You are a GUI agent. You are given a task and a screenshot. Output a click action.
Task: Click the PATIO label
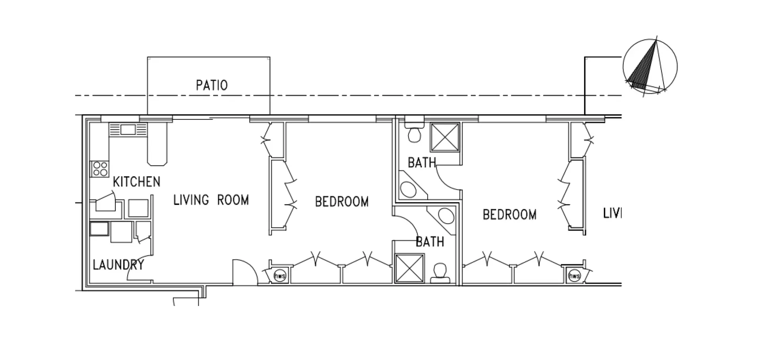(212, 85)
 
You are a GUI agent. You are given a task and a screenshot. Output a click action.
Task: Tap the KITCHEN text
(136, 182)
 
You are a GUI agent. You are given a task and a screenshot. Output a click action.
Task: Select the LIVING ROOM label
(211, 200)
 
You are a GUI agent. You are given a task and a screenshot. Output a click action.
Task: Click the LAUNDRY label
(118, 264)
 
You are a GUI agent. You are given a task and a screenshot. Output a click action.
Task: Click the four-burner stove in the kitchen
(99, 169)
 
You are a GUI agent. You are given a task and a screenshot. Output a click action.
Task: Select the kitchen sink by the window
(128, 130)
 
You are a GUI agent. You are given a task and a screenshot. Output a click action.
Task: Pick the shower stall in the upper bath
(445, 137)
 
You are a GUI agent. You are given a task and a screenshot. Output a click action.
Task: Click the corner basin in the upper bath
(409, 189)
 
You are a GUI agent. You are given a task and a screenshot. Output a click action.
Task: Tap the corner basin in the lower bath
(446, 216)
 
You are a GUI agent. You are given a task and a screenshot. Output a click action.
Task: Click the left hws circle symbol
(279, 276)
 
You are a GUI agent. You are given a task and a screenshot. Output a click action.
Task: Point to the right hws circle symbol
(574, 276)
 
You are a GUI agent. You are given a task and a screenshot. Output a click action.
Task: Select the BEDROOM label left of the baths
(342, 201)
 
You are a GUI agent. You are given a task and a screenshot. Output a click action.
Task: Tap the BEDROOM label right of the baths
(509, 214)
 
